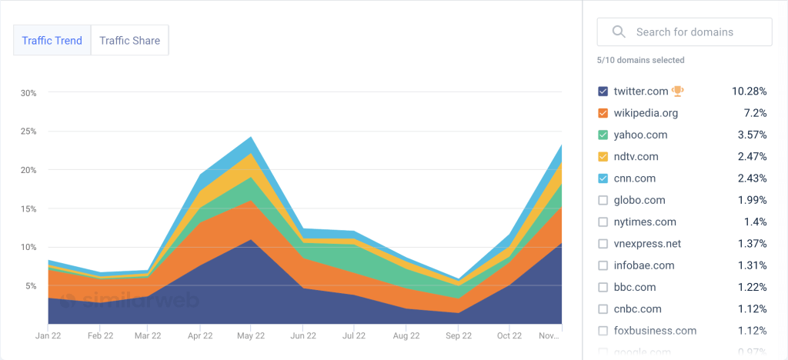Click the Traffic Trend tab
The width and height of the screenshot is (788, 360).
(x=52, y=41)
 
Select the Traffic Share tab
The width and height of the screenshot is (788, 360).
(x=129, y=41)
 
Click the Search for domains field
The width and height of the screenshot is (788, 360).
(x=693, y=32)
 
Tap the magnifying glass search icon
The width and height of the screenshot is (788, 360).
(x=618, y=32)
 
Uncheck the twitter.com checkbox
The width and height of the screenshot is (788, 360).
(x=603, y=92)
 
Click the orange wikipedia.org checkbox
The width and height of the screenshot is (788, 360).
(x=603, y=113)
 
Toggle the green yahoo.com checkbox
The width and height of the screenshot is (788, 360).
(x=603, y=135)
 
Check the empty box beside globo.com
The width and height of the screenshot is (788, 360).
(x=603, y=200)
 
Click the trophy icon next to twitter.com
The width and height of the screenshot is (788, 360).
(x=677, y=91)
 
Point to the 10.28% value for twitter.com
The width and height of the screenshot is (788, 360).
(x=749, y=92)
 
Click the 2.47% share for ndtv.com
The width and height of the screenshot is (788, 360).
(x=751, y=157)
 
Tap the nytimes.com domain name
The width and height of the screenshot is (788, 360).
(x=645, y=222)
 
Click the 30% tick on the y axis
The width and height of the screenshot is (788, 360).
(x=28, y=93)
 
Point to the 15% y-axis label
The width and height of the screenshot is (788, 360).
(x=28, y=208)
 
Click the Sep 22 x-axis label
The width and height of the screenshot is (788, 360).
(x=459, y=336)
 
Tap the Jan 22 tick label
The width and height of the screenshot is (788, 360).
(x=48, y=336)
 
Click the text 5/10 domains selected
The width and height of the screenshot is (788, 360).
(x=640, y=60)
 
